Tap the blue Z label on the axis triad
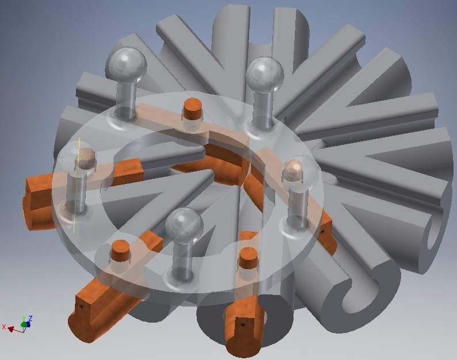pos(29,318)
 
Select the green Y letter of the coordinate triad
pos(24,319)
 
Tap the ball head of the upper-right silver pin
pos(265,74)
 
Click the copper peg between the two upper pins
pos(193,109)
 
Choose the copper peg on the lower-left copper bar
pos(121,251)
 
